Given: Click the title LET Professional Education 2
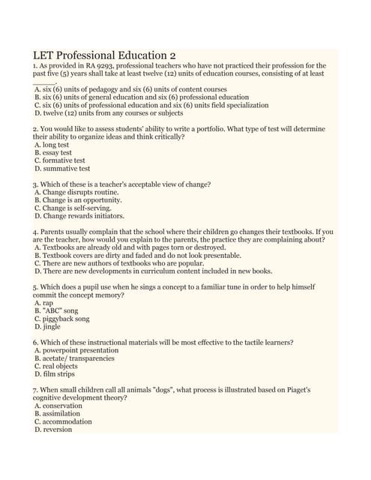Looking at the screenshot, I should click(x=104, y=55).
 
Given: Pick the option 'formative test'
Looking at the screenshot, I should click(x=63, y=160).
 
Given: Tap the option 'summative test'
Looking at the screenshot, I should click(x=65, y=169).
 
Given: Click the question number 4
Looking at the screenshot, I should click(x=34, y=232).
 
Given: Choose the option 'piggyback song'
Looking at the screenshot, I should click(x=66, y=319).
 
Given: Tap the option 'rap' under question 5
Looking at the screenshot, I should click(x=47, y=303).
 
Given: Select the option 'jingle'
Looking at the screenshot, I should click(x=51, y=327).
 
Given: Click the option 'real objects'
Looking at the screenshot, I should click(x=61, y=366).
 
